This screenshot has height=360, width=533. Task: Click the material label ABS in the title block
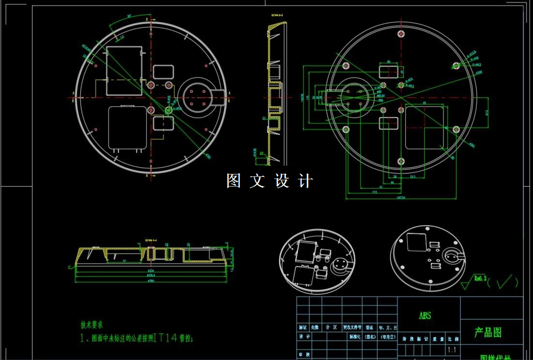(425, 315)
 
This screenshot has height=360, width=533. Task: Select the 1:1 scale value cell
(452, 350)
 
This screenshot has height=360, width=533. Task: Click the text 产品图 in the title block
(487, 332)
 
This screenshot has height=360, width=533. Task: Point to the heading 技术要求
(91, 325)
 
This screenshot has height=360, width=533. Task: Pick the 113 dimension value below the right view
(374, 192)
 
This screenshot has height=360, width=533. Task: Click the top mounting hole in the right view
(400, 33)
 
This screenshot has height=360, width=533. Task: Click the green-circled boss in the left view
(168, 110)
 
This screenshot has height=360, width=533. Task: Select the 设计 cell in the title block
(303, 336)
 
